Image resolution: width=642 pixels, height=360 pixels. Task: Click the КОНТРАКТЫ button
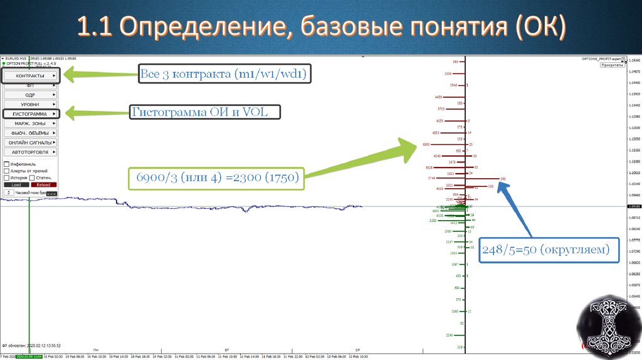pos(30,76)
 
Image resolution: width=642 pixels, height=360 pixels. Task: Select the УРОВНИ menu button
pos(30,104)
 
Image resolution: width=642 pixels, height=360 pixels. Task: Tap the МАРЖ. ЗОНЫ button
pos(30,124)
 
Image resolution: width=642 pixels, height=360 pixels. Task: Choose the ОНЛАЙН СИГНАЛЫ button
pos(30,142)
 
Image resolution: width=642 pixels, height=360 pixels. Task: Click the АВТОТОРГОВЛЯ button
pos(30,152)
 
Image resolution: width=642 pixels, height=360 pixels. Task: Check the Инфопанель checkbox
pos(6,164)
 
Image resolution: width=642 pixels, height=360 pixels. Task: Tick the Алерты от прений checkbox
pos(6,171)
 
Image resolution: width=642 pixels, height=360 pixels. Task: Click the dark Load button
pos(16,185)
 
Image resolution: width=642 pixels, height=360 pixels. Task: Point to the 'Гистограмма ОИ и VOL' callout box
pos(205,112)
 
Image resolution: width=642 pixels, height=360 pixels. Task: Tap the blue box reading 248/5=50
pos(544,250)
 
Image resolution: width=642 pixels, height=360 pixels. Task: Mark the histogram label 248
pos(503,179)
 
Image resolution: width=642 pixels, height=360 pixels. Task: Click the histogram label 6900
pos(426,145)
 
